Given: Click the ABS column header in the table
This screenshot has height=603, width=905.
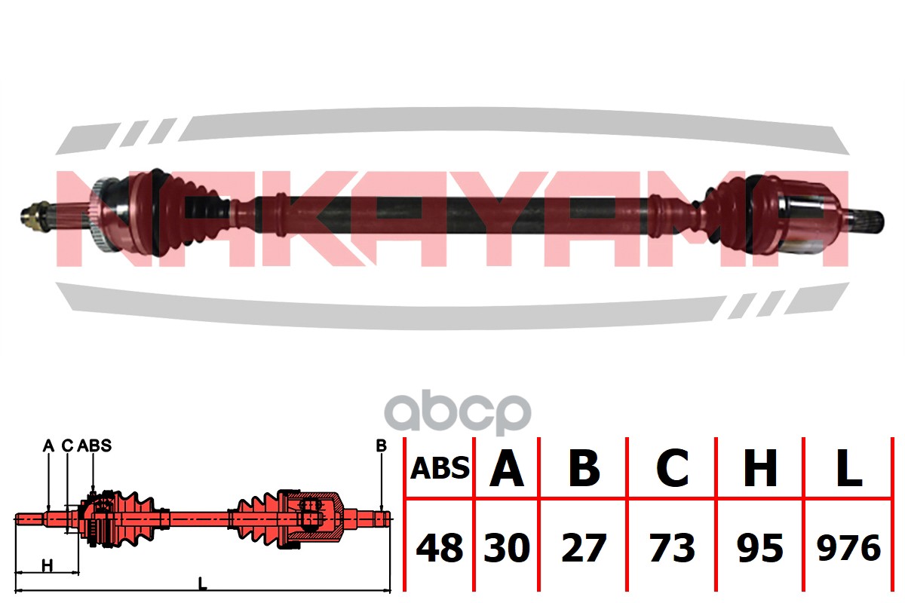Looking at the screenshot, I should (x=440, y=469).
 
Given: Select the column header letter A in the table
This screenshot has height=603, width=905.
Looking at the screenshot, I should (x=507, y=469).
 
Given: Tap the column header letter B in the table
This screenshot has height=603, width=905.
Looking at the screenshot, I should (x=584, y=469).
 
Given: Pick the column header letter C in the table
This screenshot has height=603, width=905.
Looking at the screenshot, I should (x=672, y=469).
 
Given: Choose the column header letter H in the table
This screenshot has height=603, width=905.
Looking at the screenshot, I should (x=760, y=469).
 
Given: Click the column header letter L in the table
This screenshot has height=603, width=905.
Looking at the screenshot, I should (x=848, y=469).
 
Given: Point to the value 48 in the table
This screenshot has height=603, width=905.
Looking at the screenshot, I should (x=440, y=548).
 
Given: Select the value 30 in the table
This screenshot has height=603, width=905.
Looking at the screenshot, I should (x=507, y=548).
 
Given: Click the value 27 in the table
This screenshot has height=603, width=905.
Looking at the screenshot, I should (x=584, y=548).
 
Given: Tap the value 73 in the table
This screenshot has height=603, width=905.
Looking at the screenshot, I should (x=672, y=548).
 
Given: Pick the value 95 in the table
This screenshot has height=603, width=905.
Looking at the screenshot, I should (x=760, y=548).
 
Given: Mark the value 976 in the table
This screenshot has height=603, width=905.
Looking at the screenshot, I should (x=848, y=548).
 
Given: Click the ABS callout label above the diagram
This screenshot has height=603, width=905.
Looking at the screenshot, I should (x=94, y=445).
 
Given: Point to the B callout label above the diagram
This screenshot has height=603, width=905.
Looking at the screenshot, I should (x=381, y=445).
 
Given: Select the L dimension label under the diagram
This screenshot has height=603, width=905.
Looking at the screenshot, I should (x=201, y=582).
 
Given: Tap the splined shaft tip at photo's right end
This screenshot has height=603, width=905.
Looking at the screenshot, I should (x=867, y=220).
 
